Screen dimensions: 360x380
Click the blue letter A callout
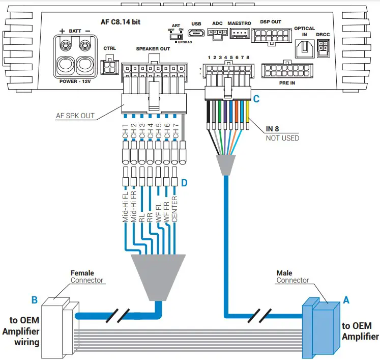(346, 300)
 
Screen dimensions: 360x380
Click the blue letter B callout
(35, 300)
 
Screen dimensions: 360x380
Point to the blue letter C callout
(256, 100)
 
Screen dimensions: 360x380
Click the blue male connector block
(319, 328)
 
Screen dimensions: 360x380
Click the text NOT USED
(282, 138)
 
